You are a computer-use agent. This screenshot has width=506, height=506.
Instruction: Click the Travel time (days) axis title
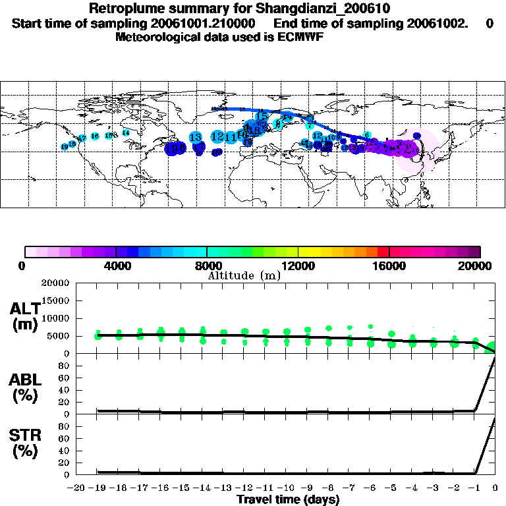[288, 500]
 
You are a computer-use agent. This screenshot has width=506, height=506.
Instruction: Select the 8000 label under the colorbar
[207, 266]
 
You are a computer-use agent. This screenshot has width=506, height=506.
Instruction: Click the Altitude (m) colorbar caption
[244, 275]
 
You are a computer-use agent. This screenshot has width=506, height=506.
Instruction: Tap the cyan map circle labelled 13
[196, 137]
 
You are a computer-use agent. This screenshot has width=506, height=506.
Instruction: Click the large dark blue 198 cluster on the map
[175, 149]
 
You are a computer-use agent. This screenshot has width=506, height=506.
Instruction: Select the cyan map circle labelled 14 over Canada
[125, 132]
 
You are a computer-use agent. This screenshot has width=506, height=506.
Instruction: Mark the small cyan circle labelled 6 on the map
[366, 134]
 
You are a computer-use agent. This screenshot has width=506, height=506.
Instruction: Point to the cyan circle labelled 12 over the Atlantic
[217, 136]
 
